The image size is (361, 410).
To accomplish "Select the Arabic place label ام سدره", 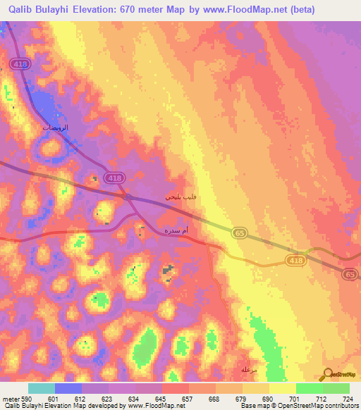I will (x=176, y=232).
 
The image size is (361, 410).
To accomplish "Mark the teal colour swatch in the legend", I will (x=42, y=388).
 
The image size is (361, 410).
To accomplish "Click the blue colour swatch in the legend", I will (x=68, y=388).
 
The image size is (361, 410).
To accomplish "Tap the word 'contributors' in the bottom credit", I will (x=337, y=406).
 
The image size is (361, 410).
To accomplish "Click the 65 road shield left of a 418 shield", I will (x=239, y=232).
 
